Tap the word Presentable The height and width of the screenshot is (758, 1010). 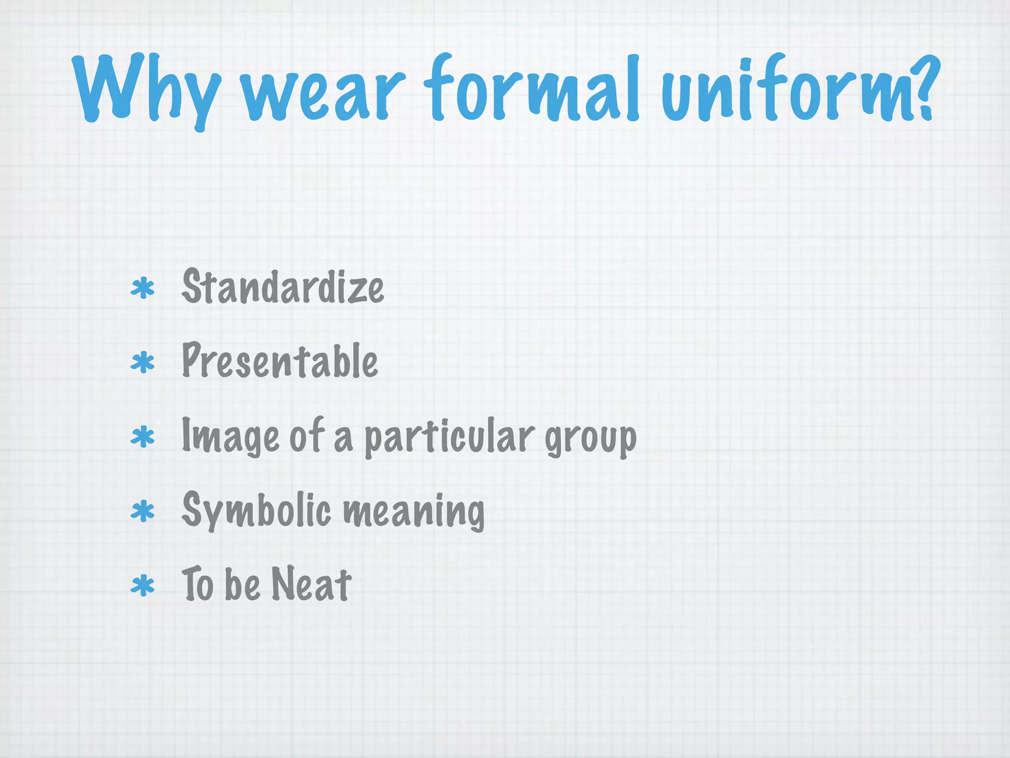[280, 361]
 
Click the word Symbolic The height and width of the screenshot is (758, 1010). [256, 510]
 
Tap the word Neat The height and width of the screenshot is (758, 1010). [311, 584]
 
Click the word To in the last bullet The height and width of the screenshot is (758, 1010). [197, 584]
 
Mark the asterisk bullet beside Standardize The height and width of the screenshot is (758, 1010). [143, 289]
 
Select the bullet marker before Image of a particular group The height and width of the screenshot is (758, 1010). [143, 438]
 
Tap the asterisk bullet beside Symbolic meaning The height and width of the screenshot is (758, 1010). [143, 512]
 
